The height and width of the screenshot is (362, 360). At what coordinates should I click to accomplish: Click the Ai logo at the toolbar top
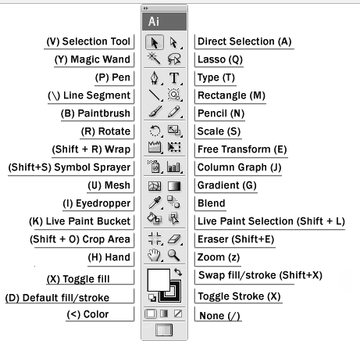(x=154, y=22)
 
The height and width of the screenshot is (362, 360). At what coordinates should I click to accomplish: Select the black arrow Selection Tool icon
(x=155, y=42)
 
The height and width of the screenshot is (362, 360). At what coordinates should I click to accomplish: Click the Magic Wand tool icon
(x=154, y=58)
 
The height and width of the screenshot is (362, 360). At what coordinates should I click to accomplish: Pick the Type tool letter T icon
(x=174, y=77)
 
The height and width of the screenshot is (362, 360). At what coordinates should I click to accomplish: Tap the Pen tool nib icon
(x=155, y=77)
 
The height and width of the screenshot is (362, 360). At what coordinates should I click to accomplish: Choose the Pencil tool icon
(x=173, y=112)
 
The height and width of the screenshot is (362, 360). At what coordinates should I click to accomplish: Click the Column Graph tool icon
(x=173, y=167)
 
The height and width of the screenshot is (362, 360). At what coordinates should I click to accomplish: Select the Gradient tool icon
(x=174, y=186)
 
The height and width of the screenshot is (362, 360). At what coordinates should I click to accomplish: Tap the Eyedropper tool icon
(x=155, y=203)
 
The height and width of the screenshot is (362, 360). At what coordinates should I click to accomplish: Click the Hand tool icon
(x=154, y=255)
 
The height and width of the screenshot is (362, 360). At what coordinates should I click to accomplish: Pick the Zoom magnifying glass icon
(x=173, y=255)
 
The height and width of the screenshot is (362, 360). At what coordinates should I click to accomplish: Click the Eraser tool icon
(x=174, y=238)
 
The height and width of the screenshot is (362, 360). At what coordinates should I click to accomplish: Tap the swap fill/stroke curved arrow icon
(x=178, y=272)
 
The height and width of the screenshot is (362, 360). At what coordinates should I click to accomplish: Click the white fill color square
(x=159, y=280)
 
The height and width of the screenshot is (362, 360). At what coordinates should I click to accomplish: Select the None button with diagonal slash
(x=178, y=314)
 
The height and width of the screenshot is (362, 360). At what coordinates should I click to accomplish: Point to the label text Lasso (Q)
(x=220, y=59)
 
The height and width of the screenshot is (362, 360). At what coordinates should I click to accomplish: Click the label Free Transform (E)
(x=242, y=149)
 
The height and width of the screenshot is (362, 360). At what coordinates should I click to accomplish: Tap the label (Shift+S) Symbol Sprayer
(x=70, y=167)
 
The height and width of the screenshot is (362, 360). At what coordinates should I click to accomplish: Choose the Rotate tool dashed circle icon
(x=155, y=131)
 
